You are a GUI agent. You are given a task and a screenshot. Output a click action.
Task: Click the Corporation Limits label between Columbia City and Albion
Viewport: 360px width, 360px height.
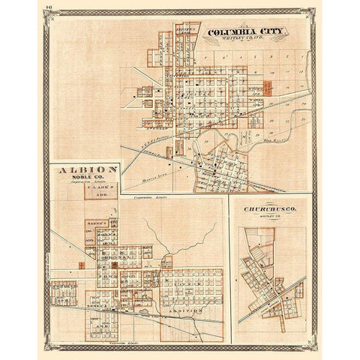click(150, 196)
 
